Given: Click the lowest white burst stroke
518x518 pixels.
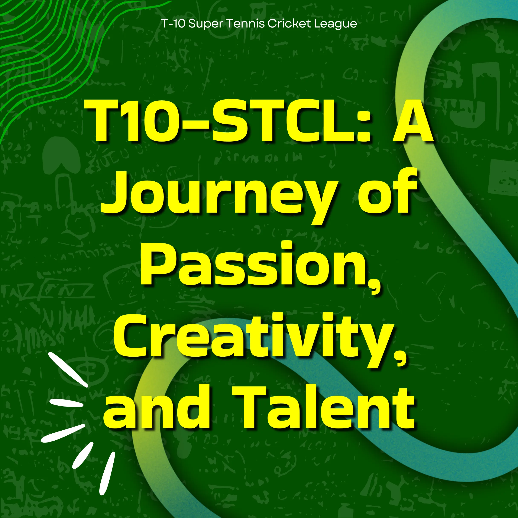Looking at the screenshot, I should tap(107, 473).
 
